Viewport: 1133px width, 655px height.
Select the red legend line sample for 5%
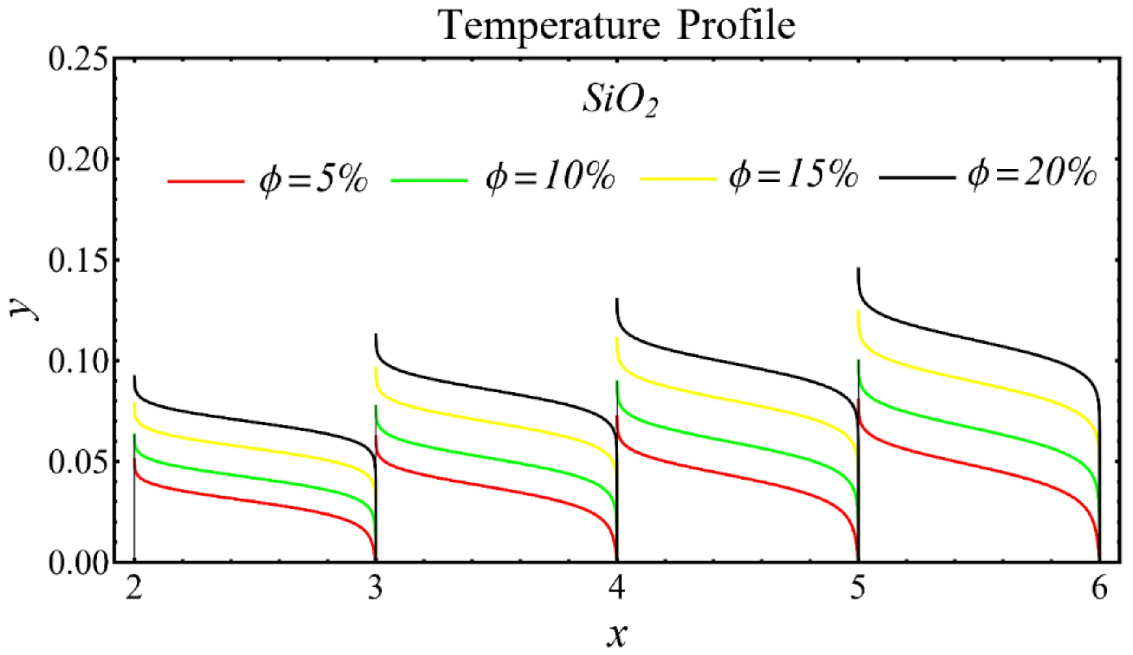coord(206,181)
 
